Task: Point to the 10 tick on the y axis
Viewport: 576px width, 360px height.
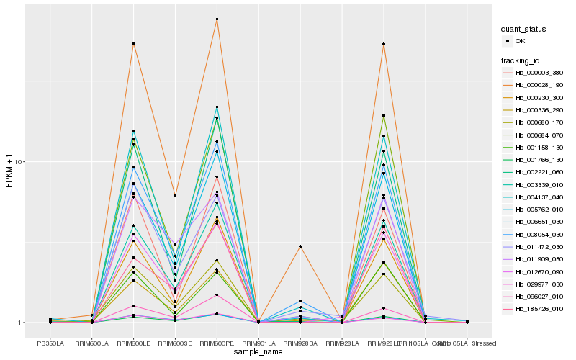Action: (22, 162)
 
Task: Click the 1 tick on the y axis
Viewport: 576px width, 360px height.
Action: (23, 323)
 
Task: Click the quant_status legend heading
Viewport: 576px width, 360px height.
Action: (523, 29)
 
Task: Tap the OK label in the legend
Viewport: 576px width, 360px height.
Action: (520, 42)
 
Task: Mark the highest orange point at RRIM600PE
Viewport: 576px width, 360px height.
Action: (217, 19)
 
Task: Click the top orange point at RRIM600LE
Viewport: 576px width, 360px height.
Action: (133, 44)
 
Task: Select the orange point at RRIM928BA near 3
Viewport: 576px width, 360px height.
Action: (300, 246)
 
